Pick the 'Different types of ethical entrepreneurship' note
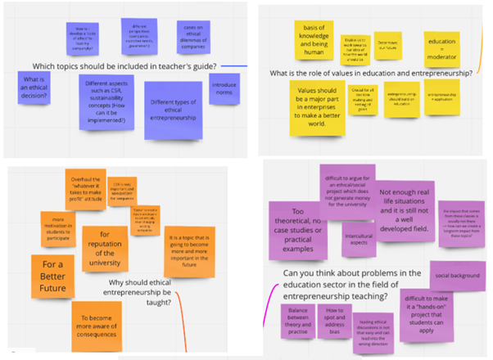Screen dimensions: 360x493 click(x=174, y=106)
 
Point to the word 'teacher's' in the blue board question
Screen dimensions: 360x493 click(x=170, y=66)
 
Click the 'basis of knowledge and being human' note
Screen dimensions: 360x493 click(x=317, y=38)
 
